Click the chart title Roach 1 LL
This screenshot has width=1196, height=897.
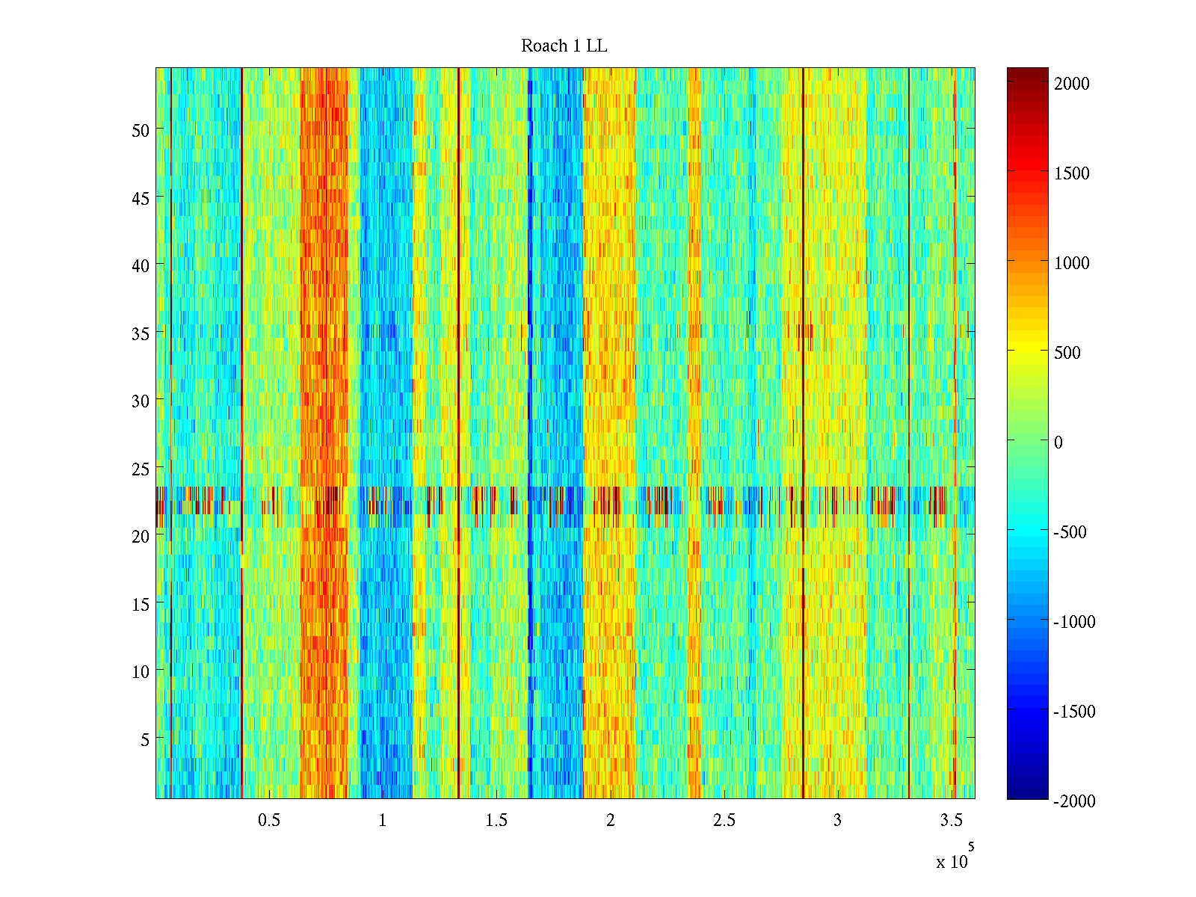564,46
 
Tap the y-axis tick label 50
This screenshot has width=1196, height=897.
141,130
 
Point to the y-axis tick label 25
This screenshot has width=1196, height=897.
141,469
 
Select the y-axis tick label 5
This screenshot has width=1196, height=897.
145,739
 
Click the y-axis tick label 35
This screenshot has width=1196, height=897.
141,333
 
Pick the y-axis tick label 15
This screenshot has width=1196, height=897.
141,604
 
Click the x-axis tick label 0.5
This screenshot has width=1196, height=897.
269,821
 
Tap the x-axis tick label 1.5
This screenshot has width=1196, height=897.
496,821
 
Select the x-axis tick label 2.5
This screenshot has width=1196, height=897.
724,821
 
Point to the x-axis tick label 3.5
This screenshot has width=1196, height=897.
952,821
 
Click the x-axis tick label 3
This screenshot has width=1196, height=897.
837,821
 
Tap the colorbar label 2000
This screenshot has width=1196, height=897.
1072,84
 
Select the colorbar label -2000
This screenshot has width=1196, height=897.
1074,801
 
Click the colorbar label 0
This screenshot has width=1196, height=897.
1058,443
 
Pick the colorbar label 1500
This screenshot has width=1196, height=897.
1072,173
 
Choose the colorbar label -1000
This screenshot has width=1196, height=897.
1074,622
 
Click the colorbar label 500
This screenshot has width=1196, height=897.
1067,353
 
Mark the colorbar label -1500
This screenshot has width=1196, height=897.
1074,712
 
